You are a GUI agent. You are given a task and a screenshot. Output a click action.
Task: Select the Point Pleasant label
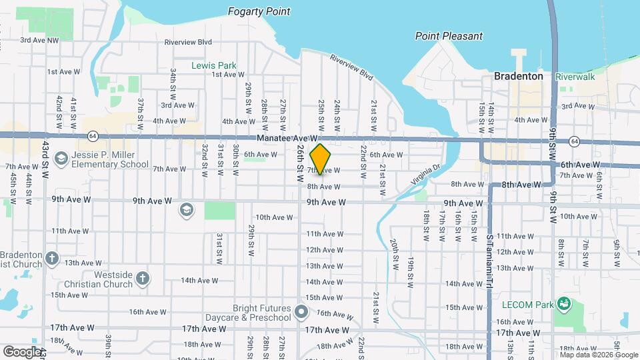[x=449, y=36]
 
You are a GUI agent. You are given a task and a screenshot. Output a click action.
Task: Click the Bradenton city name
[x=519, y=76]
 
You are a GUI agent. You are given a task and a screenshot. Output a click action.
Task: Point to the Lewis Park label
[x=214, y=65]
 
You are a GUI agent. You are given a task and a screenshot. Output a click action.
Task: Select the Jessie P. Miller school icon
[x=62, y=159]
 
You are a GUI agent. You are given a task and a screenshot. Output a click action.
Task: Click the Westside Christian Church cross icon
[x=142, y=279]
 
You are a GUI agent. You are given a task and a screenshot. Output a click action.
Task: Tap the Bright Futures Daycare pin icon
[x=301, y=311]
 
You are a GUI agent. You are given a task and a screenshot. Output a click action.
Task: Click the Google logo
[x=22, y=351]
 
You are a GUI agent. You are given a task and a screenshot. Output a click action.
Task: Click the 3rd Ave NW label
[x=39, y=40]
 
